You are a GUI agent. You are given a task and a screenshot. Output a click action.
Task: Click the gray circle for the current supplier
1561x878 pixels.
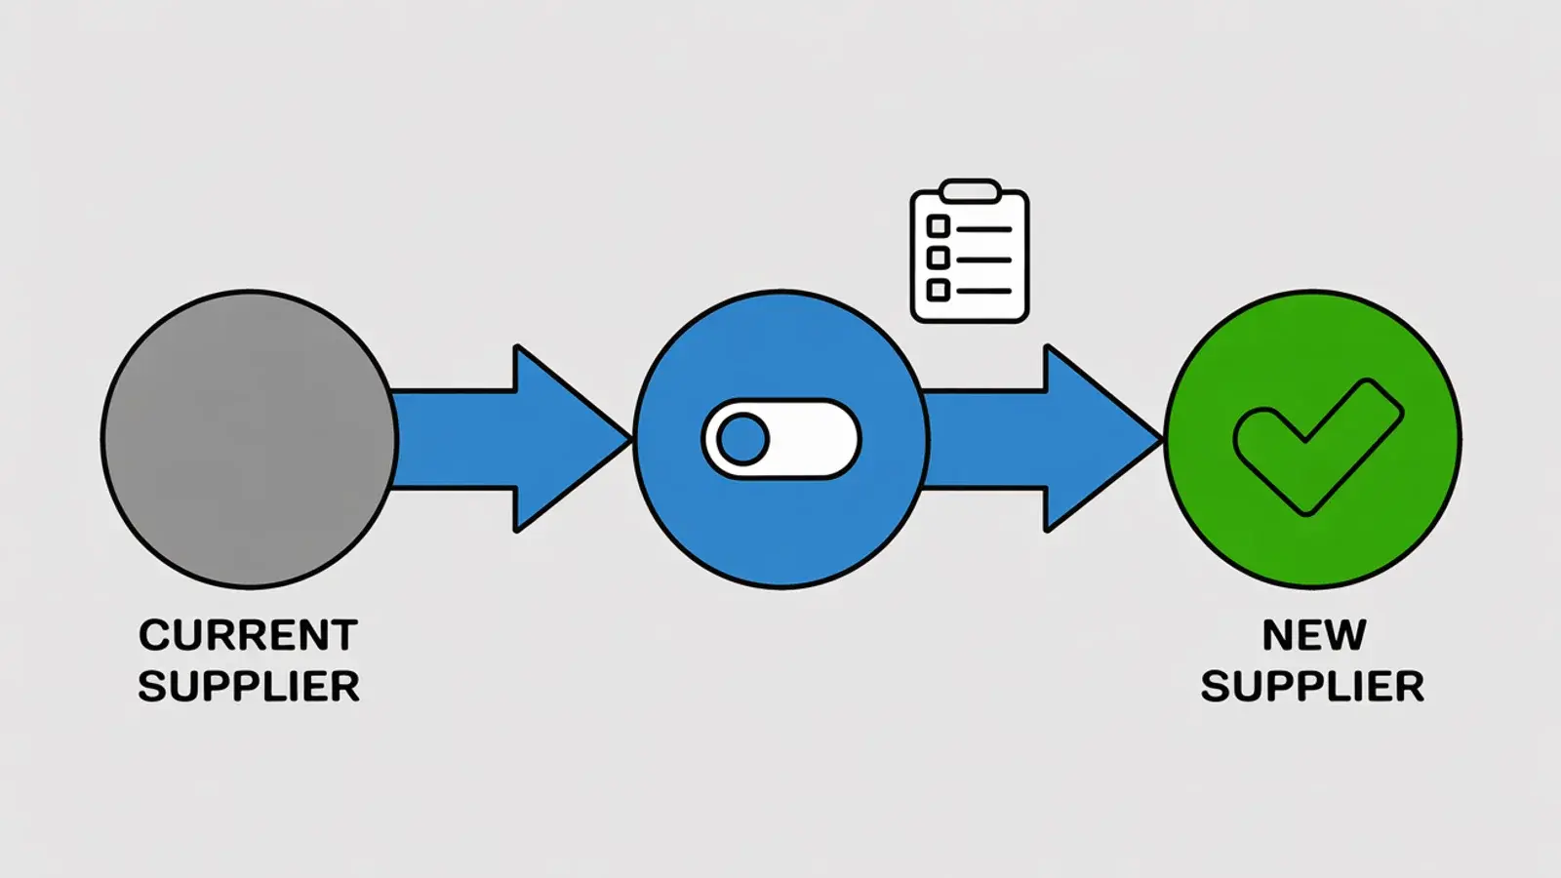(x=250, y=439)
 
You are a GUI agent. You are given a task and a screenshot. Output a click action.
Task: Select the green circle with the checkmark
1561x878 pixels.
(x=1313, y=439)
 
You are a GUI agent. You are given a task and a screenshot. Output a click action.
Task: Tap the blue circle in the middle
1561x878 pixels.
(x=781, y=439)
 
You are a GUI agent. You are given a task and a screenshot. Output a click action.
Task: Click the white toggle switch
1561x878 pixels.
(x=781, y=439)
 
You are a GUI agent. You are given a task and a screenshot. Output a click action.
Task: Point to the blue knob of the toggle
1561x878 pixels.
(x=742, y=439)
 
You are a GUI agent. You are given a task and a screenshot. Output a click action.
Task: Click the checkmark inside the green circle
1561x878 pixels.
(x=1317, y=448)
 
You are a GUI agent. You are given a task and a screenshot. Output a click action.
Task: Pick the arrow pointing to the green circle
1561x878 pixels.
(x=1043, y=439)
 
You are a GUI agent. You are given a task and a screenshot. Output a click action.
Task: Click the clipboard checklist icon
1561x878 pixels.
(x=970, y=251)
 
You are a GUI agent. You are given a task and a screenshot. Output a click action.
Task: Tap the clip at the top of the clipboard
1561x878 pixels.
(x=970, y=191)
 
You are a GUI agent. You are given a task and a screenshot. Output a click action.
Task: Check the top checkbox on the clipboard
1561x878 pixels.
(x=938, y=226)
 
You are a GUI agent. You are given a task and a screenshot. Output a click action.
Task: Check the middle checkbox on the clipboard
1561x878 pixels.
(x=938, y=258)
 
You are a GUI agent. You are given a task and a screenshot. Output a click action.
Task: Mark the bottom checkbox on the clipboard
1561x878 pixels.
(x=938, y=289)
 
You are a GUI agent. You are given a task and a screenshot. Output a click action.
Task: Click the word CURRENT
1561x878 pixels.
(x=248, y=635)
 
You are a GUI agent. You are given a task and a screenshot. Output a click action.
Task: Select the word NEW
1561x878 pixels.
(x=1313, y=635)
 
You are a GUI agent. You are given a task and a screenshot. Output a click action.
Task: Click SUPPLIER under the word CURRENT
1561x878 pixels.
(x=249, y=687)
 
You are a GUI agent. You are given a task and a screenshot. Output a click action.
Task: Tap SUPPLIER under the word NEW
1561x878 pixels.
(x=1312, y=687)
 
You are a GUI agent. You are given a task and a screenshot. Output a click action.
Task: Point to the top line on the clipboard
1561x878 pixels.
(x=984, y=229)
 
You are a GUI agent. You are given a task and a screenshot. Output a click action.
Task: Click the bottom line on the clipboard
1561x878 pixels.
(x=984, y=292)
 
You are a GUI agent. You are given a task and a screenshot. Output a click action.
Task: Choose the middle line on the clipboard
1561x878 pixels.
(x=984, y=259)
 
